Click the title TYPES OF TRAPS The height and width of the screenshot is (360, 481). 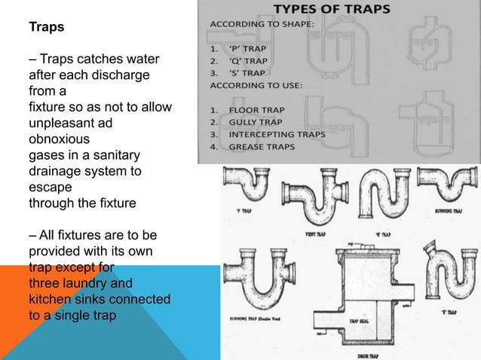[x=335, y=10]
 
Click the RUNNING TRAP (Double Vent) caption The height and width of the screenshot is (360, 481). [x=255, y=318]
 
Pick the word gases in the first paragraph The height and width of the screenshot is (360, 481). [x=46, y=157]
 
